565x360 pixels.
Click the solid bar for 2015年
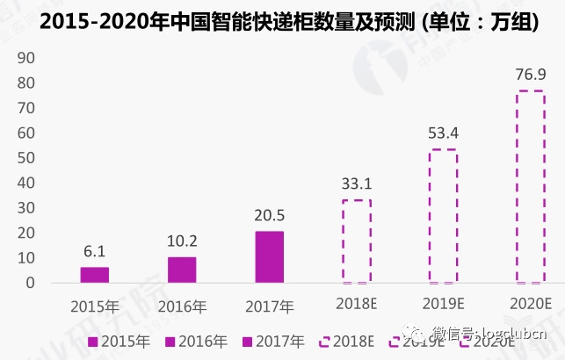point(95,275)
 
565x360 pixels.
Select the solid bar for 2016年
point(182,270)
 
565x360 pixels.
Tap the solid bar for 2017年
point(269,256)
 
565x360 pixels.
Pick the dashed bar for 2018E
point(356,241)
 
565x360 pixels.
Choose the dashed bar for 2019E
point(443,216)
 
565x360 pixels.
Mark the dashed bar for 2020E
point(530,186)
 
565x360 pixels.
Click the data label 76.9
point(530,74)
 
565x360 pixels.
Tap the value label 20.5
point(269,216)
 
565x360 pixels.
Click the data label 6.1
point(95,252)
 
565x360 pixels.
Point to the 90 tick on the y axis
point(25,57)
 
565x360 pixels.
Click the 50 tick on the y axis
point(25,158)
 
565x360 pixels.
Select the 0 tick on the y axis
point(29,284)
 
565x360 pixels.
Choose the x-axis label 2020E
point(530,304)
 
